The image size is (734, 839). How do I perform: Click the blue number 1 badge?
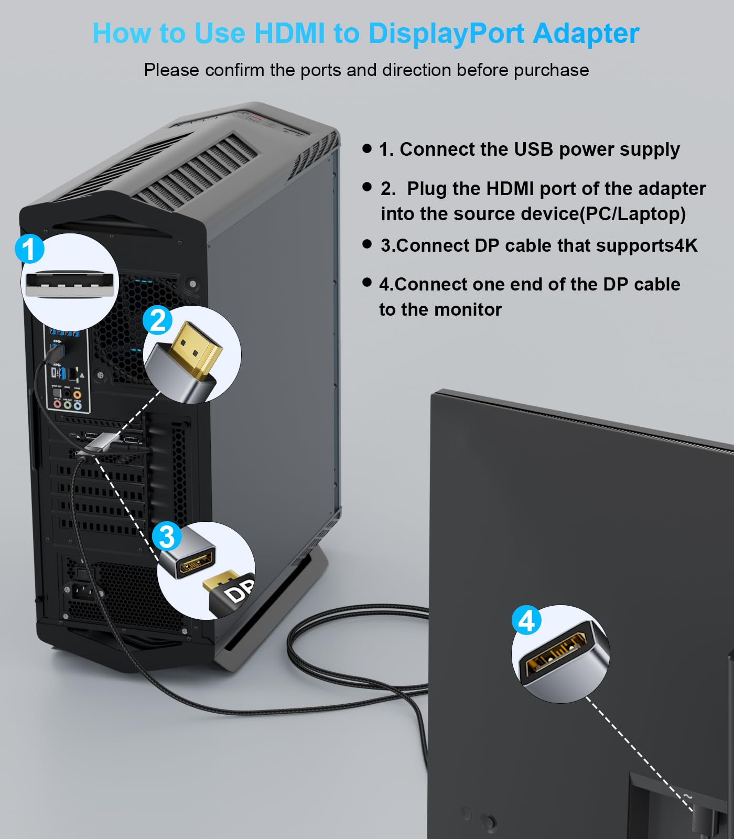click(29, 249)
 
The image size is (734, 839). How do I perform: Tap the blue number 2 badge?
click(158, 320)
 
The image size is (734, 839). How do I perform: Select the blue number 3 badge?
click(167, 536)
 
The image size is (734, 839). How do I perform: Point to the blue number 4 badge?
click(526, 620)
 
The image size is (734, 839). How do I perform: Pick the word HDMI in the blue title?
click(290, 33)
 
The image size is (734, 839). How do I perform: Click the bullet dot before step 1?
click(367, 148)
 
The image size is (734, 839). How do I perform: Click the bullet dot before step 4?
click(367, 283)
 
